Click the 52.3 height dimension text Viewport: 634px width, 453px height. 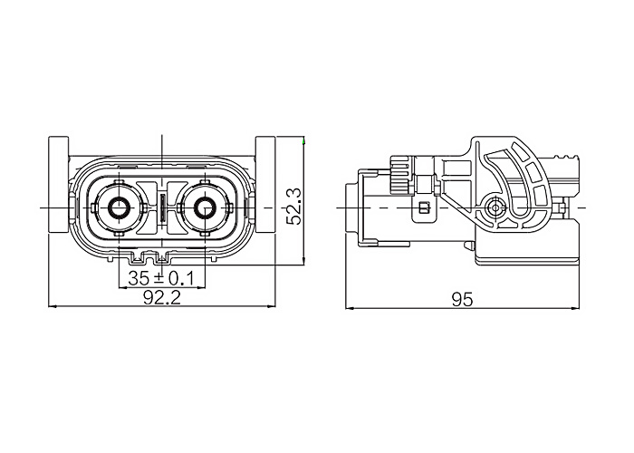294,207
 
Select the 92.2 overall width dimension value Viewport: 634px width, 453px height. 162,298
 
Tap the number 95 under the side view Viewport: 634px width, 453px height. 462,300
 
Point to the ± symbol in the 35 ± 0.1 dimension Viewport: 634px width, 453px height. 159,278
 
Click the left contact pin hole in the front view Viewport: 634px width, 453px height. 118,207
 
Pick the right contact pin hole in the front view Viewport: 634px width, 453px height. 205,207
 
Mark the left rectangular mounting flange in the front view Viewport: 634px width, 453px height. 59,185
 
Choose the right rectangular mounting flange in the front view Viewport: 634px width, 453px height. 265,185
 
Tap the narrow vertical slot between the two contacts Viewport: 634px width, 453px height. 162,207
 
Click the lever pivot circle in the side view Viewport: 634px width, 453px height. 494,207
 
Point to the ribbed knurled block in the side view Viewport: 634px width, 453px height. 399,175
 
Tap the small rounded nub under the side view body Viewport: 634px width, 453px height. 469,246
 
